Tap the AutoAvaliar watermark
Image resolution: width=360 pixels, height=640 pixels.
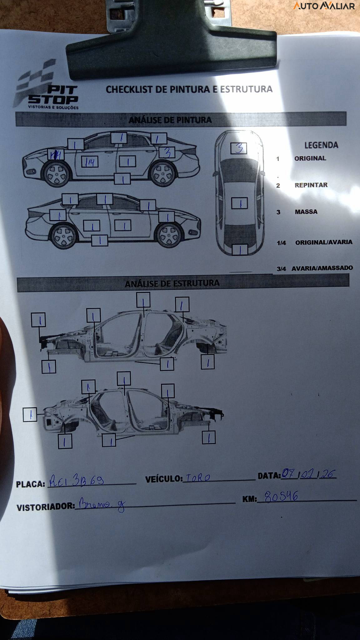324,6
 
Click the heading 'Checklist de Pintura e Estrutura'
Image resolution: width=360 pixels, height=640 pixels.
189,89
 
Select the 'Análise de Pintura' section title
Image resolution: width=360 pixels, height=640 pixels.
170,120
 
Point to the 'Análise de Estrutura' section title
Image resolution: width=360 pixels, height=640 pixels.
172,283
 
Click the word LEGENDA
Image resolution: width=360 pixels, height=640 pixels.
321,145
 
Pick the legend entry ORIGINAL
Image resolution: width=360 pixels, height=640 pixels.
310,158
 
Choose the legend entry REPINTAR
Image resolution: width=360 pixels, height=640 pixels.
311,185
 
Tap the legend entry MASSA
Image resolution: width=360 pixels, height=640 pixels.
306,212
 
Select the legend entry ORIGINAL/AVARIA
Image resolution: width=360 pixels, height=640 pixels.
323,242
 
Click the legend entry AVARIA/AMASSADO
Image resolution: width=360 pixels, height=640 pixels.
322,268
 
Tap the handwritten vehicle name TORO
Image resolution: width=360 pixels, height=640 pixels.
198,478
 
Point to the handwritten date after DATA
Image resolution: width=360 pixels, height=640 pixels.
309,474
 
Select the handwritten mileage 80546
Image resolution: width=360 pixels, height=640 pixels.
281,497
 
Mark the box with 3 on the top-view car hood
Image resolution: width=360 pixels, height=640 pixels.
239,148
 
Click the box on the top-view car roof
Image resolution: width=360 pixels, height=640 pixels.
239,203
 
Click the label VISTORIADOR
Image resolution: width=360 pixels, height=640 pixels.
46,507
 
